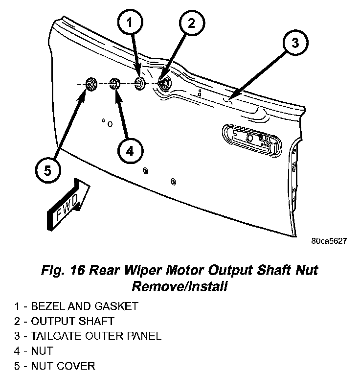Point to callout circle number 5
click(47, 171)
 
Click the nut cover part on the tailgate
click(91, 84)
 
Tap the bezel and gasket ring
click(140, 84)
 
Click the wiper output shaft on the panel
click(164, 83)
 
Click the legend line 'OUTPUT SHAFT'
click(72, 321)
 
